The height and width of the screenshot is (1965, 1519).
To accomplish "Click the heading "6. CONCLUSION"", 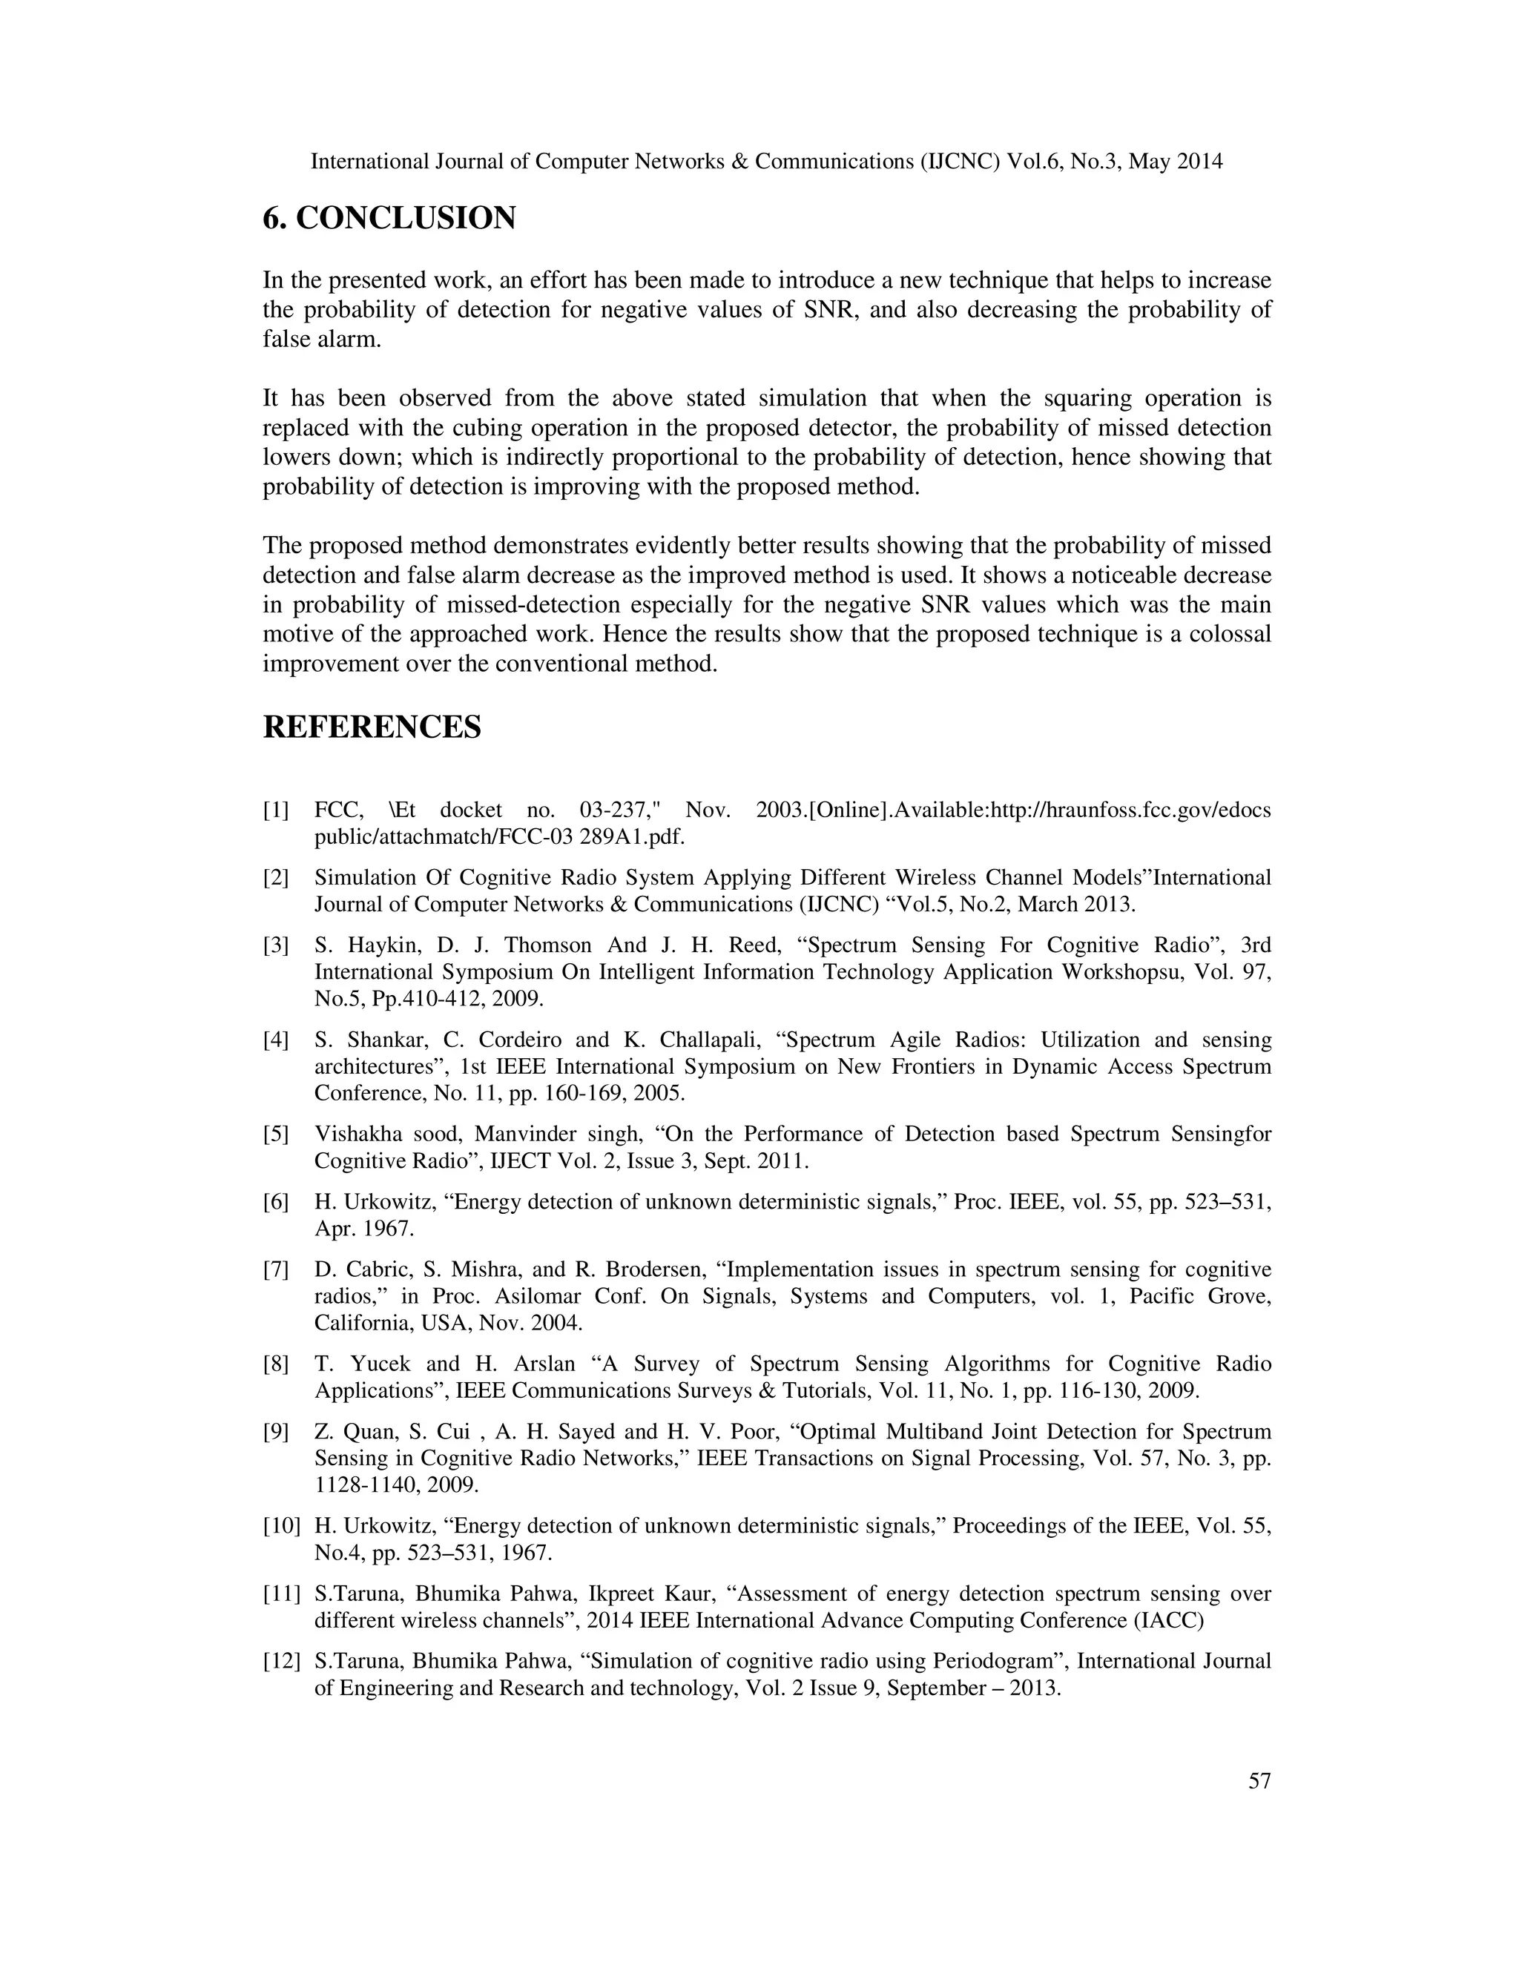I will tap(389, 219).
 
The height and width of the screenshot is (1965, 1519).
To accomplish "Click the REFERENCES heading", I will tap(372, 727).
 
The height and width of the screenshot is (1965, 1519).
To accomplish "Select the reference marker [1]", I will tap(276, 810).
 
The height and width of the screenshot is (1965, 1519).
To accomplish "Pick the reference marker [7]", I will tap(276, 1269).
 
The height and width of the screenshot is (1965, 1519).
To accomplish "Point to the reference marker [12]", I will tap(282, 1661).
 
